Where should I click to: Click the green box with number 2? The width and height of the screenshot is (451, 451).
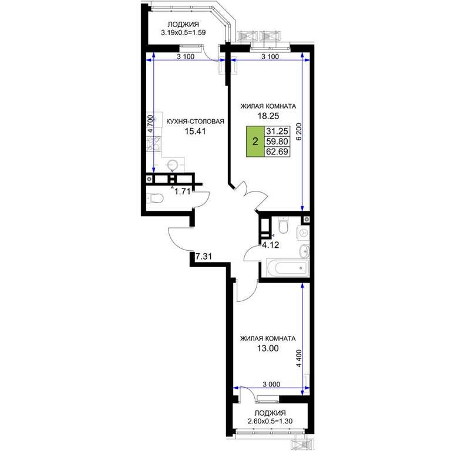click(x=255, y=142)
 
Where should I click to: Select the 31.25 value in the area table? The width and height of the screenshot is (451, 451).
click(x=277, y=131)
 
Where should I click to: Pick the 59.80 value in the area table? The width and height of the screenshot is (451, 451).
click(x=277, y=142)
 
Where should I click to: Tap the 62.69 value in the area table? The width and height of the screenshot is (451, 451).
click(x=277, y=152)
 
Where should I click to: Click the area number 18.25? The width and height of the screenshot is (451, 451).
click(x=268, y=116)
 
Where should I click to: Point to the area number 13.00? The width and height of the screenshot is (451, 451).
click(x=268, y=348)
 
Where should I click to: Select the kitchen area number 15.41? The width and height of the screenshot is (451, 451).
click(x=196, y=131)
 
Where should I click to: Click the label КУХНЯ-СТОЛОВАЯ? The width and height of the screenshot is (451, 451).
click(x=196, y=122)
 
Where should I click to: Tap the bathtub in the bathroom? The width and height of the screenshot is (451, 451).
click(x=288, y=268)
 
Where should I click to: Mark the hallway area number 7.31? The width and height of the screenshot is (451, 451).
click(x=204, y=256)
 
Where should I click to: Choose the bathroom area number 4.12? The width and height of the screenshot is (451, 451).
click(x=270, y=245)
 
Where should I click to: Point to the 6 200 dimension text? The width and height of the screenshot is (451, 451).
click(x=299, y=132)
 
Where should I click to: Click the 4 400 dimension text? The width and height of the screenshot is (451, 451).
click(x=299, y=358)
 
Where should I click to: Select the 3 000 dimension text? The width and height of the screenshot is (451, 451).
click(x=271, y=384)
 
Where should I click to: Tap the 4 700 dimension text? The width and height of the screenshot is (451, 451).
click(x=150, y=123)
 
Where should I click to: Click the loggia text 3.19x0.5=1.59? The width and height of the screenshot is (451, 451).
click(x=183, y=32)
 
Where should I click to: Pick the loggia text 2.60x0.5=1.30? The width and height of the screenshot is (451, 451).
click(x=270, y=422)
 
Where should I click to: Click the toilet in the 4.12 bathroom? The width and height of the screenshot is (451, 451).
click(x=283, y=225)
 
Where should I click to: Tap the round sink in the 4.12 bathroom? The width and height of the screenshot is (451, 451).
click(x=304, y=252)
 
